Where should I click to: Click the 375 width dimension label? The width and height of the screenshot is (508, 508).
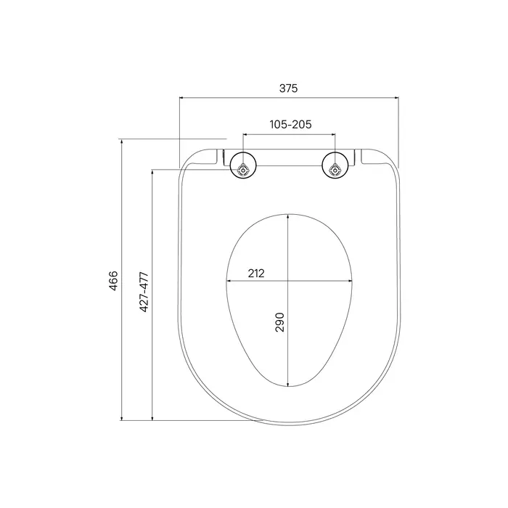(288, 88)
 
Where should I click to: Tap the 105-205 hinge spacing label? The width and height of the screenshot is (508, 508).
(290, 124)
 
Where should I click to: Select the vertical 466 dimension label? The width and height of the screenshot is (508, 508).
(113, 281)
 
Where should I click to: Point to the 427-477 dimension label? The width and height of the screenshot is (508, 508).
(144, 292)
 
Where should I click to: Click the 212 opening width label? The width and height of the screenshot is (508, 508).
(256, 274)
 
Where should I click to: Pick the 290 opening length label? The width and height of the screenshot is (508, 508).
(279, 322)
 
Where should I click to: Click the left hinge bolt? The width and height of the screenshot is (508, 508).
(242, 169)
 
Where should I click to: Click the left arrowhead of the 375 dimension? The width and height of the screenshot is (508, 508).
(181, 97)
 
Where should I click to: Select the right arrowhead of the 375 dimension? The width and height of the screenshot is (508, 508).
(396, 97)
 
